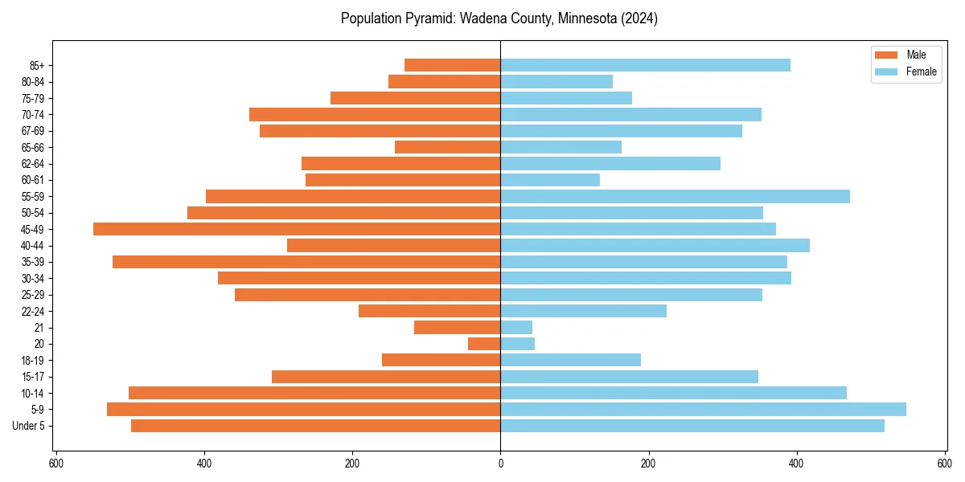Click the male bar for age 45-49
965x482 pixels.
(x=297, y=229)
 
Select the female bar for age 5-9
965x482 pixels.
(x=703, y=410)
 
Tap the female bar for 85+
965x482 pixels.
(x=645, y=65)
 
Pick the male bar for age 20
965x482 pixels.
(x=484, y=344)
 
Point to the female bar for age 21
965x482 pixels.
(x=516, y=328)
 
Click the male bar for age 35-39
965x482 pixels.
(x=306, y=262)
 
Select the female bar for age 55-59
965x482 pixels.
(x=675, y=197)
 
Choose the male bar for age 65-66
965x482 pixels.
(x=447, y=147)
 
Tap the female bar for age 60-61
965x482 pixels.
(x=550, y=180)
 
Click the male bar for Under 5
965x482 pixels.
(x=315, y=426)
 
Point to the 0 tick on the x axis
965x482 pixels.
(x=500, y=464)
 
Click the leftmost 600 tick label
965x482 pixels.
(x=56, y=464)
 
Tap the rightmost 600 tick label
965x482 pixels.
(x=944, y=464)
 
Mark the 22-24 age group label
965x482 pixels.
(x=32, y=312)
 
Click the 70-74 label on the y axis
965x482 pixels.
(x=32, y=115)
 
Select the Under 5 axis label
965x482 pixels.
(x=28, y=426)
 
